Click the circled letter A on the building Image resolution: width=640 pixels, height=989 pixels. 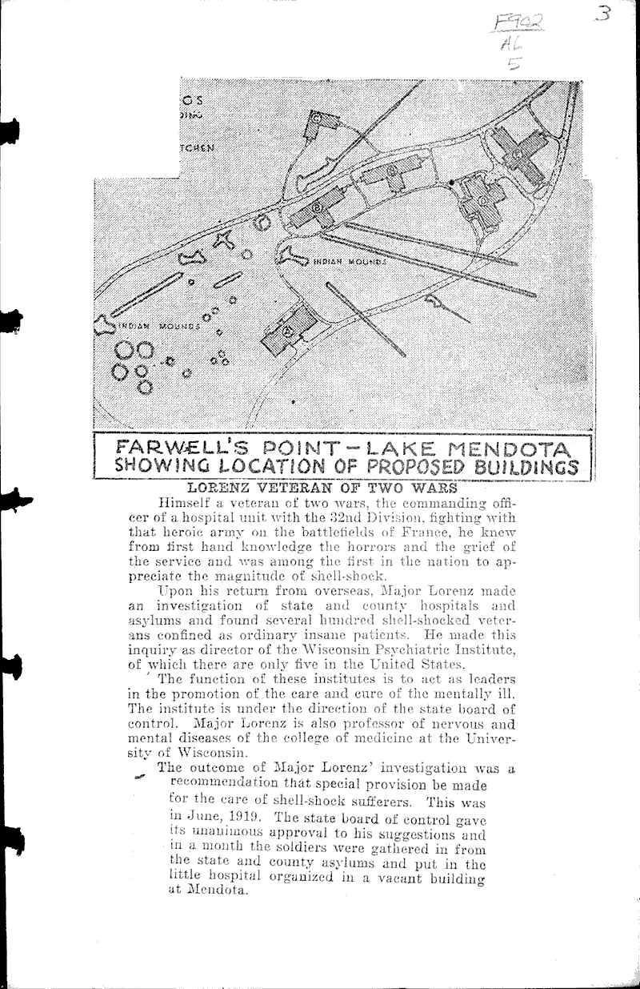point(286,330)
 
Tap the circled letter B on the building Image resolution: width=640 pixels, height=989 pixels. point(317,207)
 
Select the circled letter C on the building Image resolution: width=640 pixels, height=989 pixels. point(391,171)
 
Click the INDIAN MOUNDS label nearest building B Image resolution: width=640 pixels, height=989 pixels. point(350,261)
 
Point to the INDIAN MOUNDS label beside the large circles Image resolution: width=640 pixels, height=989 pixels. point(152,327)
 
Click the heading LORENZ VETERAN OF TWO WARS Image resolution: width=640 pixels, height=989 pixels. point(322,487)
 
